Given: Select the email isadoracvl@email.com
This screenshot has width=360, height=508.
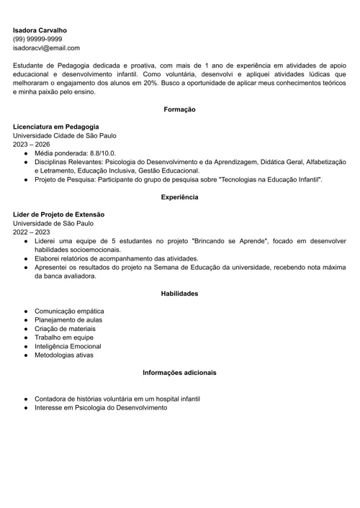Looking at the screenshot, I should coord(46,47).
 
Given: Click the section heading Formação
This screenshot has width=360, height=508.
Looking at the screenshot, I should coord(179,109).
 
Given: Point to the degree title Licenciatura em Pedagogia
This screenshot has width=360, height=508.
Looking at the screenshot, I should coord(55,127).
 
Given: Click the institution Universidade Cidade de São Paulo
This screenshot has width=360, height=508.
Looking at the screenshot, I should coord(64,135).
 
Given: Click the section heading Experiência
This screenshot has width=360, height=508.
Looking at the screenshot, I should coord(179,196).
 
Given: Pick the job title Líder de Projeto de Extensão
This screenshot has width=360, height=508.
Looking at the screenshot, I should coord(58,214).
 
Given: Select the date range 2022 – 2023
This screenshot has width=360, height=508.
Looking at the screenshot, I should coord(31,232).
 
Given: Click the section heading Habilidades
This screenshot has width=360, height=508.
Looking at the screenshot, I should coord(179,294).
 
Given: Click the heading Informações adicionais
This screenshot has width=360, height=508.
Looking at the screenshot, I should coord(179,373).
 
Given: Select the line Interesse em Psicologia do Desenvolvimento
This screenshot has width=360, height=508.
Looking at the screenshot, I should coord(100,407).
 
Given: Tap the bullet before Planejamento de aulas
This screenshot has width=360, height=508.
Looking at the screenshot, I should coord(25,320).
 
